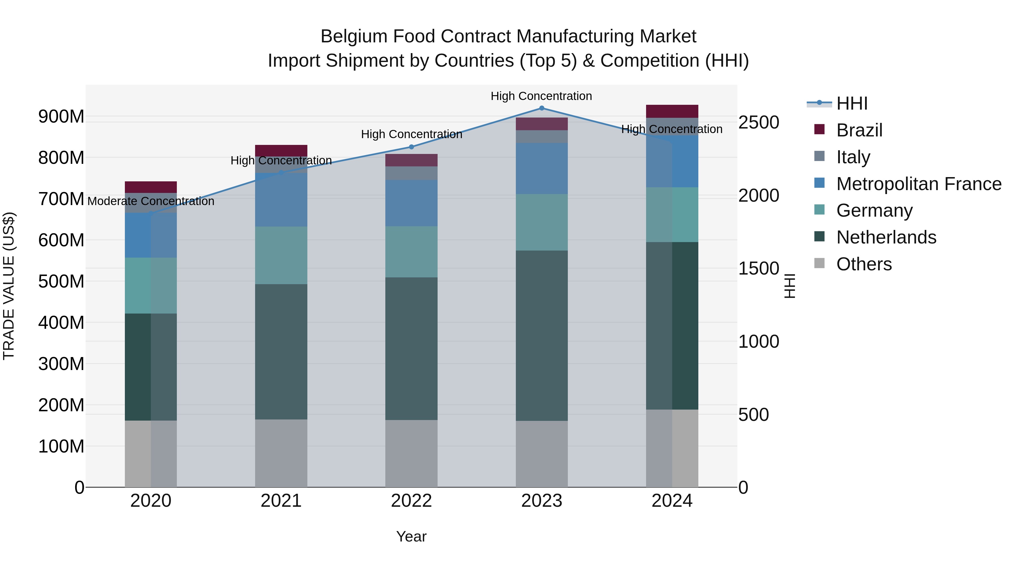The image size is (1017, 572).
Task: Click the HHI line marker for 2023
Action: click(542, 108)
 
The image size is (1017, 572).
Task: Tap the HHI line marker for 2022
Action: click(411, 147)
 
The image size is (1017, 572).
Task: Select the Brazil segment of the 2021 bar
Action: click(281, 150)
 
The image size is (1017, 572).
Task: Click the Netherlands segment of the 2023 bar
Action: click(542, 336)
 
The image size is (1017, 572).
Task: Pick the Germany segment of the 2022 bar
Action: click(411, 252)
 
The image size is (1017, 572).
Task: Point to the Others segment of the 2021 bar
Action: click(281, 453)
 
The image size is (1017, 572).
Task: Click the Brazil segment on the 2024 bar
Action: click(672, 111)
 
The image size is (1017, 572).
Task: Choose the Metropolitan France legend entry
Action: click(919, 184)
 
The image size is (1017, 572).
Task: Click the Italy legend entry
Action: click(853, 157)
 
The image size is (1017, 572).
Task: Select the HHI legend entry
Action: click(851, 103)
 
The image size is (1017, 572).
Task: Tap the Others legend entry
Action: click(864, 264)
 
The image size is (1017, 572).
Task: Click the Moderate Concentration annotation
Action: click(151, 201)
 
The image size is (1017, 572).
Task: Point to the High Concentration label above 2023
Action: click(541, 96)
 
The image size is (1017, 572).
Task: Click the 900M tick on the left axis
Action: click(61, 117)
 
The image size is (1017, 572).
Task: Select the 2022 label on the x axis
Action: click(411, 501)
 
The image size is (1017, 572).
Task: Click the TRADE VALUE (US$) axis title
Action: click(9, 286)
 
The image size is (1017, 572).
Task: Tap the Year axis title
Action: click(411, 536)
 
